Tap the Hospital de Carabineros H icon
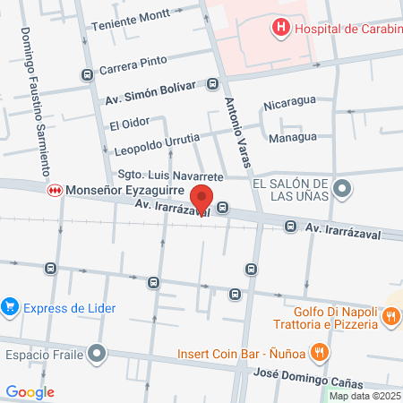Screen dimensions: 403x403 (x=281, y=28)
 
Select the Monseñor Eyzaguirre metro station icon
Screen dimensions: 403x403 (x=56, y=190)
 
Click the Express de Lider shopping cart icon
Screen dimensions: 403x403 (x=11, y=305)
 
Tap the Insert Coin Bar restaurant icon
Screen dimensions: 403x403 (x=317, y=351)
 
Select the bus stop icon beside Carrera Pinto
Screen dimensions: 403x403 (x=87, y=75)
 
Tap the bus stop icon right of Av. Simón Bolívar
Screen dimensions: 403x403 (x=212, y=84)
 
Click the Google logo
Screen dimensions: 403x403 (x=30, y=391)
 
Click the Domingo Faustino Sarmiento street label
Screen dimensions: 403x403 (x=34, y=100)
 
